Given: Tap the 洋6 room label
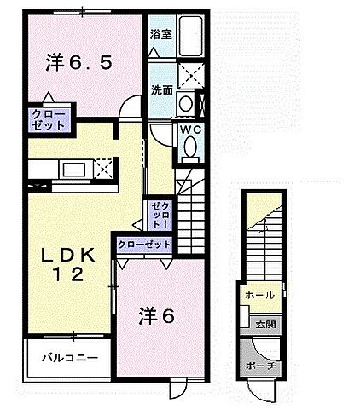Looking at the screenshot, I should click(x=156, y=315).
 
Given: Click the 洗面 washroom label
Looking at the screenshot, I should click(x=160, y=90).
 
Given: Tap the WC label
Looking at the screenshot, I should click(x=189, y=130).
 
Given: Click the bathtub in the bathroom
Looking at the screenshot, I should click(x=190, y=37).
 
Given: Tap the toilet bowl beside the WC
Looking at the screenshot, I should click(x=190, y=150).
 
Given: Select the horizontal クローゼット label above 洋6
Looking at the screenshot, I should click(x=144, y=245).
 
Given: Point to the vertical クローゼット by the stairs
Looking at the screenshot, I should click(x=161, y=213).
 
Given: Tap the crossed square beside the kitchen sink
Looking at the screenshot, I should click(x=105, y=169).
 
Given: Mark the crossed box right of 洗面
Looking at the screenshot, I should click(x=190, y=75).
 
